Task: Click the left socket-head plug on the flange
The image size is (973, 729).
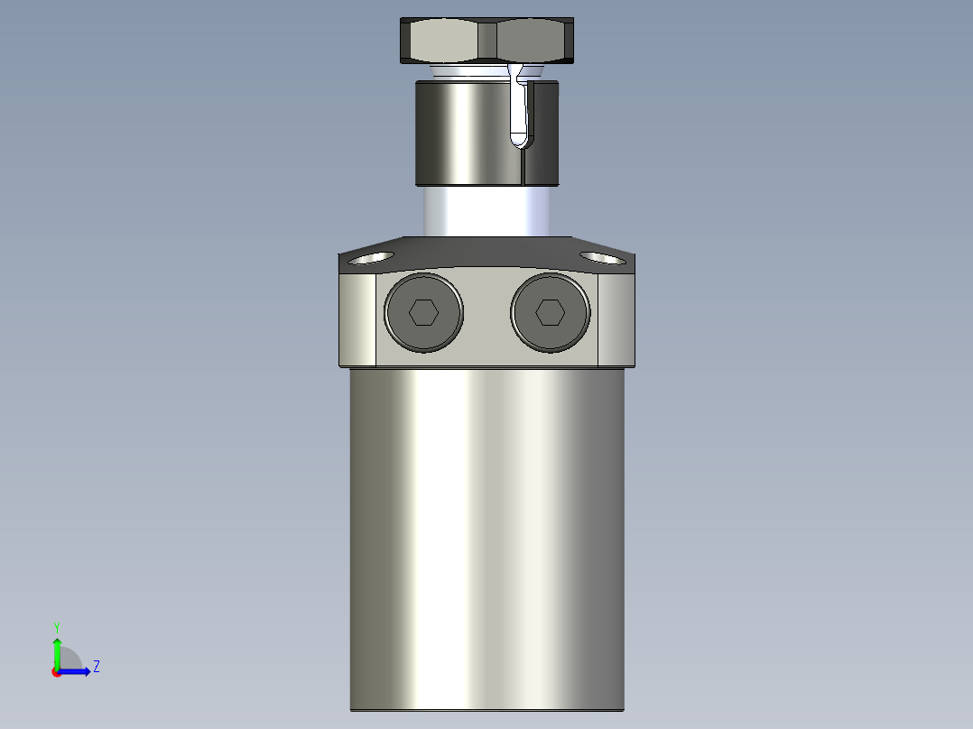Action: click(423, 312)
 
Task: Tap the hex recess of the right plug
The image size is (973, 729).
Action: click(550, 312)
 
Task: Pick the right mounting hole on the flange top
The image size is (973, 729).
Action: click(601, 258)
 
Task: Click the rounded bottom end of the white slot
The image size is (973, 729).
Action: click(520, 139)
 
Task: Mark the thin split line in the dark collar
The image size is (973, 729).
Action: click(523, 167)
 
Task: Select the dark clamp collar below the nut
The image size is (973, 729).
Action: click(460, 133)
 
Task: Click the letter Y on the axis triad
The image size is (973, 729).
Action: click(56, 626)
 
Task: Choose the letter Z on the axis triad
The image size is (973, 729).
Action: click(96, 667)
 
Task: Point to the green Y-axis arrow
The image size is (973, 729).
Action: click(56, 650)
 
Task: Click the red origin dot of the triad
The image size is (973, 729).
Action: click(56, 672)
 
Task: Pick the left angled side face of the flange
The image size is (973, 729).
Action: click(357, 320)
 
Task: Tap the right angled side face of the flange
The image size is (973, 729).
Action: click(616, 320)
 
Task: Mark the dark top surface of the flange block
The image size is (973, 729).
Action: click(487, 252)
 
